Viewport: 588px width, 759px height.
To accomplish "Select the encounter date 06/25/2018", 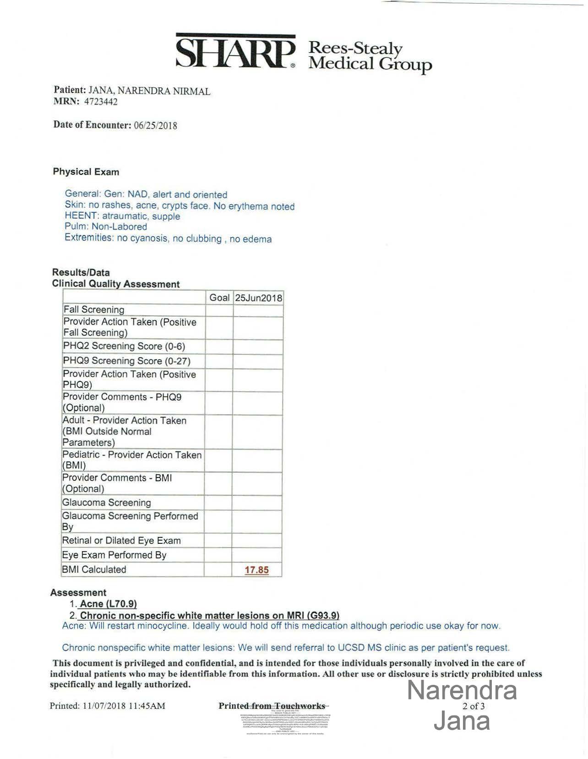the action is tap(155, 125).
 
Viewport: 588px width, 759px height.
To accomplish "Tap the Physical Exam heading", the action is tap(86, 172).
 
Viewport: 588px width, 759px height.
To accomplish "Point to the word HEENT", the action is tap(81, 216).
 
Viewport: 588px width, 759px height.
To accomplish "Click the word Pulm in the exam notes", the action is tap(76, 226).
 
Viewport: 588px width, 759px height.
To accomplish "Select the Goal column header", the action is tap(219, 298).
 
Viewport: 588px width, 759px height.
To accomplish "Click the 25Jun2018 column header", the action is tap(258, 298).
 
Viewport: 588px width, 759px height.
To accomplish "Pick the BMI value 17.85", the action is tap(256, 570).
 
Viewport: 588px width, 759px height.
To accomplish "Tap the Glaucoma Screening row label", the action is tap(107, 503).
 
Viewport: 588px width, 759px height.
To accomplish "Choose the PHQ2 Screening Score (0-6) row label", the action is tap(124, 346).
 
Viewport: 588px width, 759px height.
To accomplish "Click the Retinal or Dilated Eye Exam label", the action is tap(121, 541).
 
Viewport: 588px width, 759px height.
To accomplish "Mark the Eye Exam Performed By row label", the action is tap(114, 555).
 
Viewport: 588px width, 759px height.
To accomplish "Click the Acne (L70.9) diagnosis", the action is tap(108, 604).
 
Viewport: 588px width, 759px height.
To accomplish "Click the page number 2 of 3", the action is tap(474, 706).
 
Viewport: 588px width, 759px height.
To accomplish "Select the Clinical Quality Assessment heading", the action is tap(116, 284).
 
